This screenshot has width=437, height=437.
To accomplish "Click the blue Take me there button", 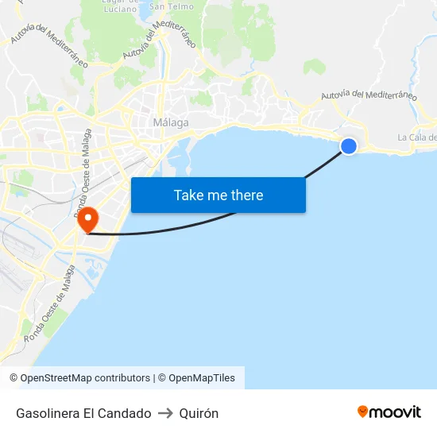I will [x=218, y=195].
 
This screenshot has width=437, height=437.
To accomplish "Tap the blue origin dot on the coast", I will [x=348, y=145].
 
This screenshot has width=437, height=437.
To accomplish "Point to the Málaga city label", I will [x=170, y=122].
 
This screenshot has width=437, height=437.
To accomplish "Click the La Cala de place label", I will [x=417, y=137].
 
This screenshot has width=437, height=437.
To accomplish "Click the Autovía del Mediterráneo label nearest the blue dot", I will [x=369, y=95].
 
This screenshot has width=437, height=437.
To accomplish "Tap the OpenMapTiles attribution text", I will [x=202, y=378].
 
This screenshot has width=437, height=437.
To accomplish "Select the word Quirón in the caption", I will [x=199, y=413].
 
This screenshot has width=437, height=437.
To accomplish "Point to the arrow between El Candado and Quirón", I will [x=165, y=413].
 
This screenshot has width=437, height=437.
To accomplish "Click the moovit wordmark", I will [x=395, y=412].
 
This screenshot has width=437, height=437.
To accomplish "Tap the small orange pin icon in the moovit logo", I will [x=363, y=412].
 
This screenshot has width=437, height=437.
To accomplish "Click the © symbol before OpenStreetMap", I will [x=14, y=378].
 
